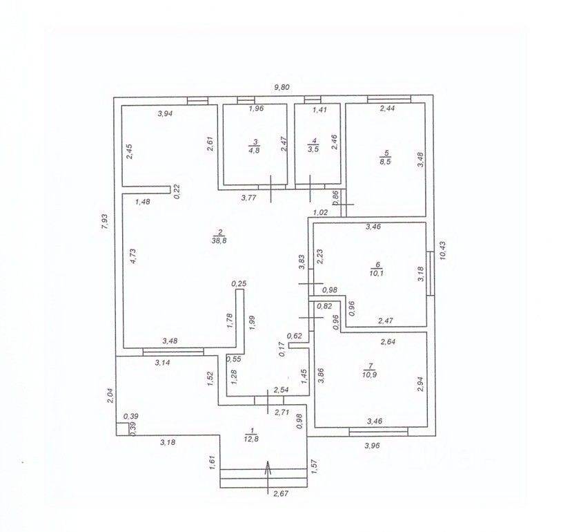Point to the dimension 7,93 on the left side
pyautogui.click(x=104, y=221)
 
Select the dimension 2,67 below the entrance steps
pyautogui.click(x=280, y=493)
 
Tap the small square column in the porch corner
pyautogui.click(x=121, y=428)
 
